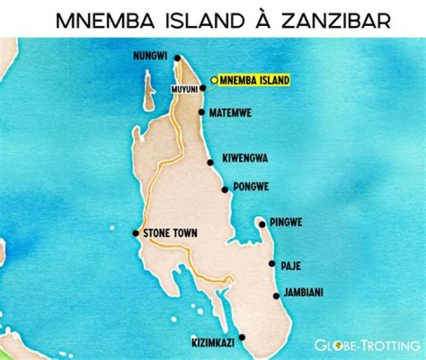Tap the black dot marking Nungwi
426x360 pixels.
click(x=176, y=58)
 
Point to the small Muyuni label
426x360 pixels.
click(x=184, y=89)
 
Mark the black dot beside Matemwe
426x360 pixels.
click(x=202, y=112)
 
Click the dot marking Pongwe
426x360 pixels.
click(x=224, y=190)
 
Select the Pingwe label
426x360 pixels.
click(x=286, y=223)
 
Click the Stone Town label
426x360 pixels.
click(x=170, y=233)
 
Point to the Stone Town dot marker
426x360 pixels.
click(x=135, y=233)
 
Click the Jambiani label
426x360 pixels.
click(x=304, y=293)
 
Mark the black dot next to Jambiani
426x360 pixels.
click(x=276, y=296)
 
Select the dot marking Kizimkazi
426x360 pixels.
click(x=241, y=338)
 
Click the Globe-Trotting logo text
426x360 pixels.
click(x=367, y=345)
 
